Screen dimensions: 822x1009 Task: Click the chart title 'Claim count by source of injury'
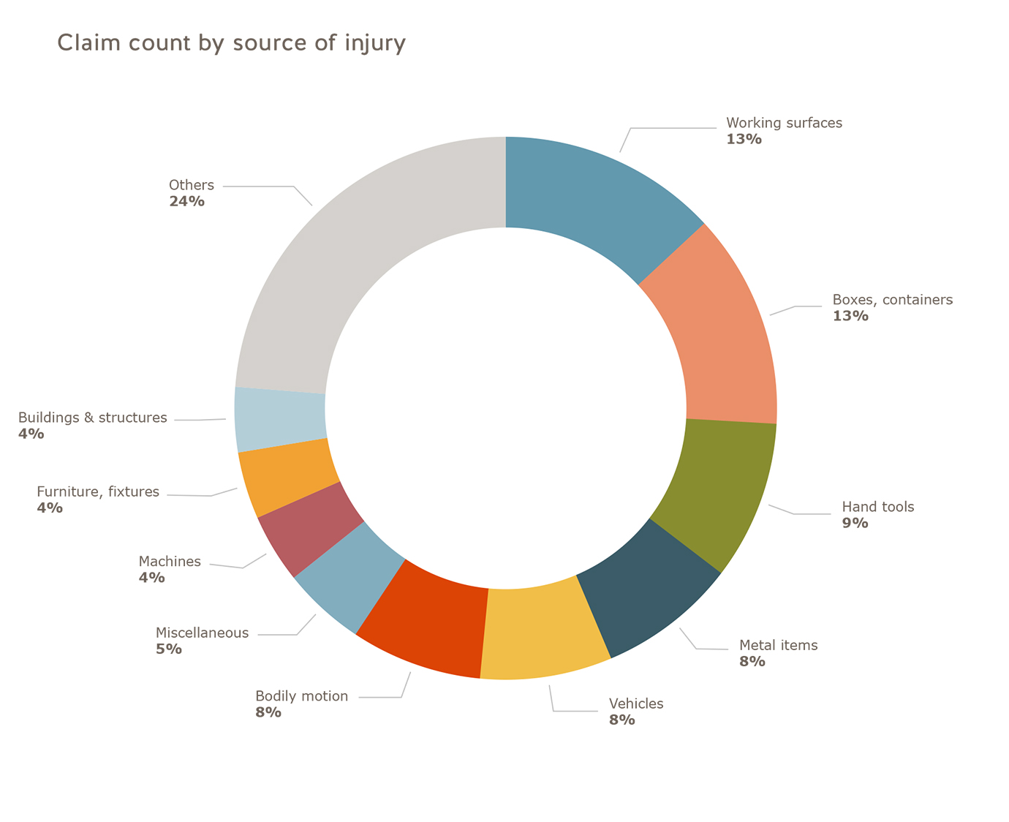pyautogui.click(x=231, y=43)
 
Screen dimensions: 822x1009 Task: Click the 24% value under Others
pyautogui.click(x=186, y=201)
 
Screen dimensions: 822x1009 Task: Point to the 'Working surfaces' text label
pyautogui.click(x=784, y=123)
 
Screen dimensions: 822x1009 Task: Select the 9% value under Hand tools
pyautogui.click(x=855, y=523)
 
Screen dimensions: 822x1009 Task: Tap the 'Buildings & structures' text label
pyautogui.click(x=92, y=418)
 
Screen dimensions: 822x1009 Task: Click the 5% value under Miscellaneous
pyautogui.click(x=168, y=649)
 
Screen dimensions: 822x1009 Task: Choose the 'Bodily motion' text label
pyautogui.click(x=301, y=696)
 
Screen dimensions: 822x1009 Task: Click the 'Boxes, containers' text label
pyautogui.click(x=892, y=300)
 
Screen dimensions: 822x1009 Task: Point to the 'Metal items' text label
pyautogui.click(x=778, y=645)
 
